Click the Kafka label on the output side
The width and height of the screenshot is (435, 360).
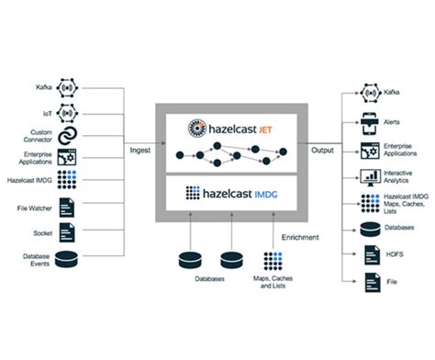[x=394, y=93]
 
